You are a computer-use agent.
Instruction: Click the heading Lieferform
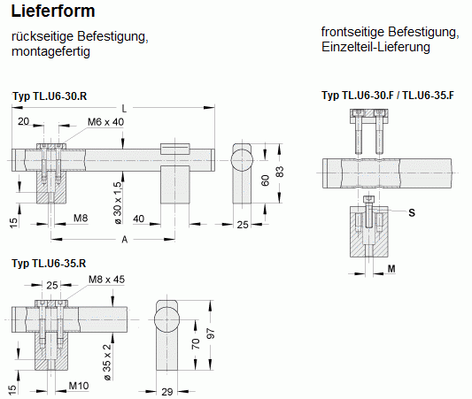[53, 12]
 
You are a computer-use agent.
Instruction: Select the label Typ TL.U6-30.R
[50, 96]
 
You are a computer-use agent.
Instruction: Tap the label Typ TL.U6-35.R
[49, 264]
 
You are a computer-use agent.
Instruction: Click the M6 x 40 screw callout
[105, 122]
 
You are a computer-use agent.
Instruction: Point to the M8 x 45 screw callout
[106, 280]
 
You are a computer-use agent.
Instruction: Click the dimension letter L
[124, 109]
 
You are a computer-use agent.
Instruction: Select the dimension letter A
[124, 240]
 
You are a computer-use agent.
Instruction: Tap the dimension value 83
[280, 172]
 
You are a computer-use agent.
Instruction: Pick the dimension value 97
[212, 334]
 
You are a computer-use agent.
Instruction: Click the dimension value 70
[196, 343]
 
